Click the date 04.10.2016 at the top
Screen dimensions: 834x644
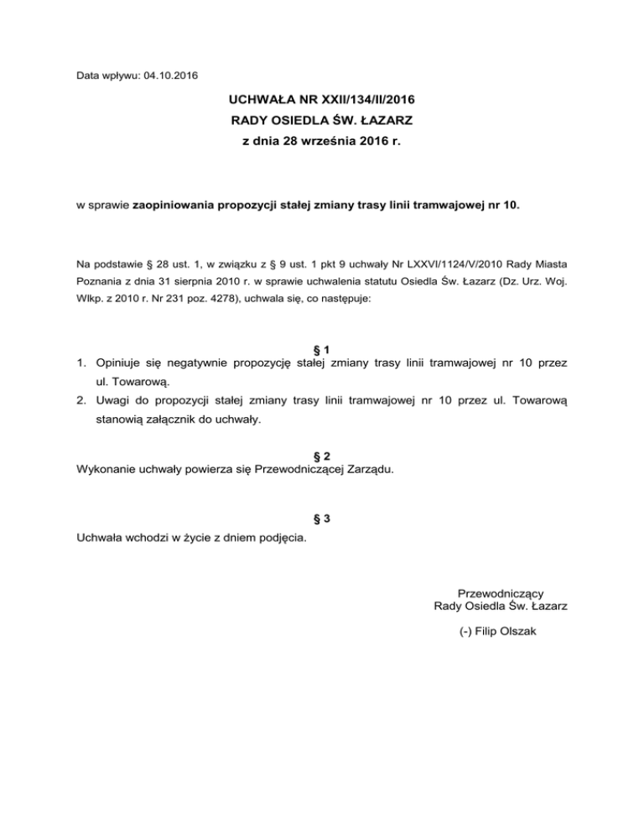170,76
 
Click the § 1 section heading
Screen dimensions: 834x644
322,349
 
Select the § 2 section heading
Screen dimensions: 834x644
322,455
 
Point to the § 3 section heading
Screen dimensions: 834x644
322,519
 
